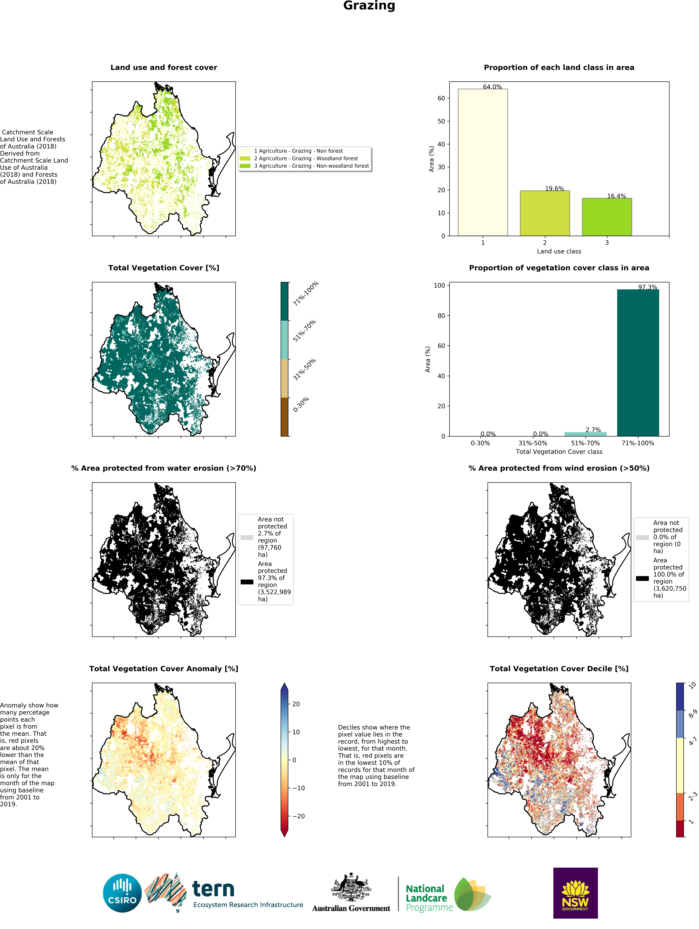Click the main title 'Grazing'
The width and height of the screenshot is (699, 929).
click(369, 6)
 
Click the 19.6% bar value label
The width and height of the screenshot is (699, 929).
click(554, 189)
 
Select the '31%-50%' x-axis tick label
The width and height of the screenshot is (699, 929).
click(533, 443)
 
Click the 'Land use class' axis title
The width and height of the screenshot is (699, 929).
click(559, 251)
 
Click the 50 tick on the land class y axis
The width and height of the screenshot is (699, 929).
click(441, 121)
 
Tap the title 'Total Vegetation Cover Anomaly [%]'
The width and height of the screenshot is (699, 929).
click(164, 669)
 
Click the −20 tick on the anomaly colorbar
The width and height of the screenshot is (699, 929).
click(298, 816)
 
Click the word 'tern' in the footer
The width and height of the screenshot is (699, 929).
click(213, 889)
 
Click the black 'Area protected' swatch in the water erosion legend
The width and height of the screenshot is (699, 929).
click(247, 582)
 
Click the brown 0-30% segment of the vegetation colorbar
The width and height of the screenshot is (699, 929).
click(285, 417)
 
